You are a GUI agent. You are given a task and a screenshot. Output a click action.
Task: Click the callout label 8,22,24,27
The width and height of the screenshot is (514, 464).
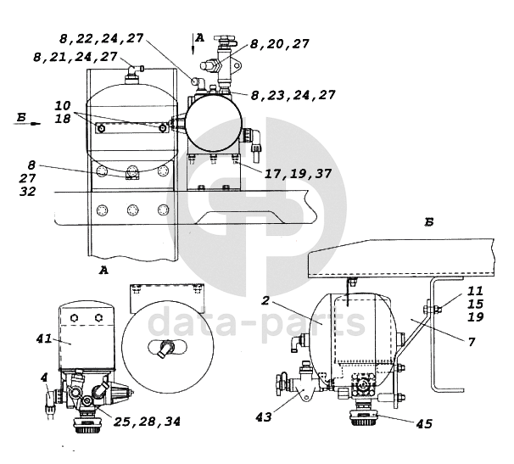(x=102, y=38)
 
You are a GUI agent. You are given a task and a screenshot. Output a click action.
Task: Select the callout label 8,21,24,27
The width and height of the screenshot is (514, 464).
(x=75, y=57)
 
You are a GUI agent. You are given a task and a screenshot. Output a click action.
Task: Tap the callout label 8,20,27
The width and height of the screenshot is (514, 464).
(x=280, y=43)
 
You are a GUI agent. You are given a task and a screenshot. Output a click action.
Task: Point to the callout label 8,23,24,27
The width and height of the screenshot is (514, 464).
(x=293, y=95)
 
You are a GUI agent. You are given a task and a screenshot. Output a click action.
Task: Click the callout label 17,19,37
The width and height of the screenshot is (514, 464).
(x=298, y=173)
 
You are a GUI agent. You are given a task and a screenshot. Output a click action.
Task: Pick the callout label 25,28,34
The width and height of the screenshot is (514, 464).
(x=148, y=422)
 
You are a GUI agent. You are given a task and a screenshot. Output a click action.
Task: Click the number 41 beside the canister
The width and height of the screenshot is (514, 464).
(x=44, y=338)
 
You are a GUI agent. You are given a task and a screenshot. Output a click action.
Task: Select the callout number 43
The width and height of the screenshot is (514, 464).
(x=264, y=416)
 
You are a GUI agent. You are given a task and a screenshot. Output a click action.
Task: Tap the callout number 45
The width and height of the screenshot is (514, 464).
(x=424, y=423)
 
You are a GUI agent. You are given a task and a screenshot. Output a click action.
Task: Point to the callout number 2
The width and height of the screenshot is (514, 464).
(x=265, y=300)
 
